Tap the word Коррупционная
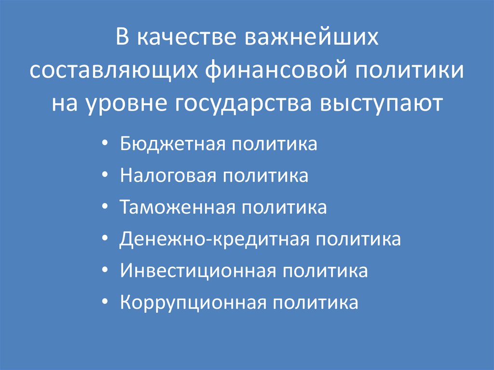coord(192,303)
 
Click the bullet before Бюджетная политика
coord(105,145)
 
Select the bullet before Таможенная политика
coord(105,208)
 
